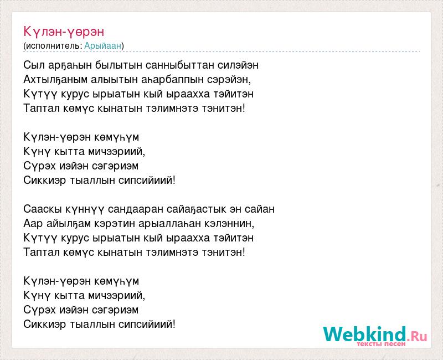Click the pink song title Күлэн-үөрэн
[x=64, y=32]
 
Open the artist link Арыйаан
[x=103, y=45]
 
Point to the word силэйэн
[x=238, y=65]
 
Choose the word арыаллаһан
[x=170, y=224]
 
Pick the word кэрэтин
[x=115, y=224]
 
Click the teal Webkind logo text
[x=365, y=334]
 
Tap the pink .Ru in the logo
[x=417, y=336]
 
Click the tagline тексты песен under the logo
[x=381, y=344]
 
